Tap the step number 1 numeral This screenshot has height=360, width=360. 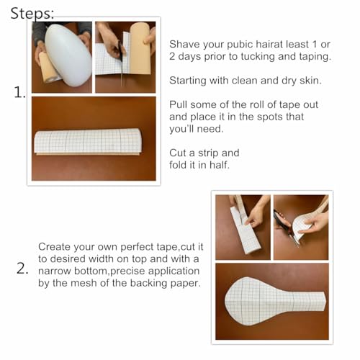[x=19, y=93]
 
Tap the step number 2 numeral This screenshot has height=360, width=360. [x=22, y=269]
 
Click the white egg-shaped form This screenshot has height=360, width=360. [x=67, y=54]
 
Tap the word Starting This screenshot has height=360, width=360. [x=190, y=80]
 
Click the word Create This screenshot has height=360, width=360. [x=55, y=246]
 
